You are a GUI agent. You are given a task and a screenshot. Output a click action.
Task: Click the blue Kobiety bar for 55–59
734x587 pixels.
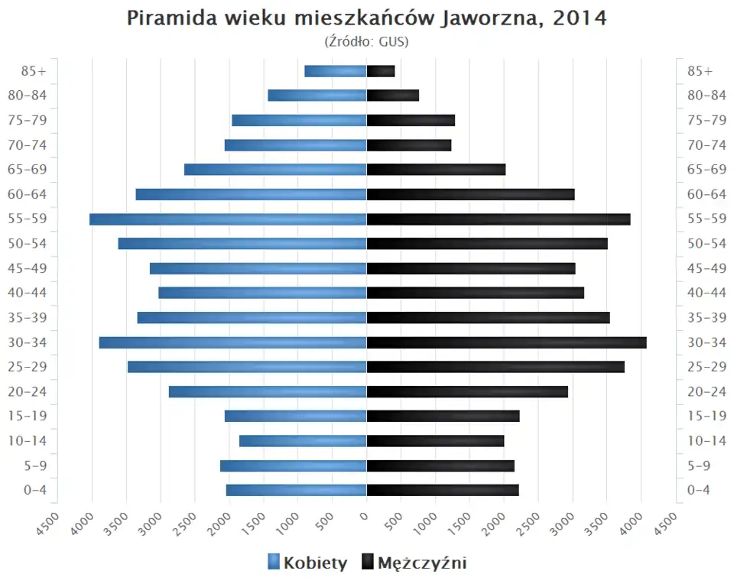[228, 219]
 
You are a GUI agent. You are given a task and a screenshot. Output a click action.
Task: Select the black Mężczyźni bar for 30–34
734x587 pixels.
[506, 342]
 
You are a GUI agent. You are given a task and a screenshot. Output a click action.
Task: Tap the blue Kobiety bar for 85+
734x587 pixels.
[336, 71]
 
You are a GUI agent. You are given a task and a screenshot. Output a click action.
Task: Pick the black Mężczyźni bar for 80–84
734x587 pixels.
[393, 96]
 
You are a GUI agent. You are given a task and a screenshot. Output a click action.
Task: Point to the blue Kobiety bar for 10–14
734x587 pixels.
[303, 441]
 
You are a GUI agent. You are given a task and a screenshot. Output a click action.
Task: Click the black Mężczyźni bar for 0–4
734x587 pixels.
[443, 490]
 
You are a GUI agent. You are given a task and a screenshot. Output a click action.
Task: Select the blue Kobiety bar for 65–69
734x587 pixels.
[275, 170]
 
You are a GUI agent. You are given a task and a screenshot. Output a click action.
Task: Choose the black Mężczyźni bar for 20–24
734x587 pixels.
[467, 391]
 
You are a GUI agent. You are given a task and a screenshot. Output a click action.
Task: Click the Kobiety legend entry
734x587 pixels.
[307, 563]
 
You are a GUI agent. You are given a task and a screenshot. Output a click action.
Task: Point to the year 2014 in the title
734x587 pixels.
[576, 19]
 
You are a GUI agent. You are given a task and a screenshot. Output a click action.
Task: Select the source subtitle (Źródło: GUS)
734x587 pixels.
[367, 41]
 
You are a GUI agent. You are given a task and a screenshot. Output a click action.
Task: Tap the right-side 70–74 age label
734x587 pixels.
[706, 145]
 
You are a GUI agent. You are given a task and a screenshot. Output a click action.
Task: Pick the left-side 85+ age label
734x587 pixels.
[34, 71]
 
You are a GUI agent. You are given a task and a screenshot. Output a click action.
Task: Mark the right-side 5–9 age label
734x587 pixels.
[700, 465]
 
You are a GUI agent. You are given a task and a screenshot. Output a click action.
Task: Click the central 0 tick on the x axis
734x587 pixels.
[366, 516]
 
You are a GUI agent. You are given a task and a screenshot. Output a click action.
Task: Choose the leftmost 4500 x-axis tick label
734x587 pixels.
[48, 524]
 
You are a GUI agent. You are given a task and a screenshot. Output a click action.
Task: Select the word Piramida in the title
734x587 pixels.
[169, 19]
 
